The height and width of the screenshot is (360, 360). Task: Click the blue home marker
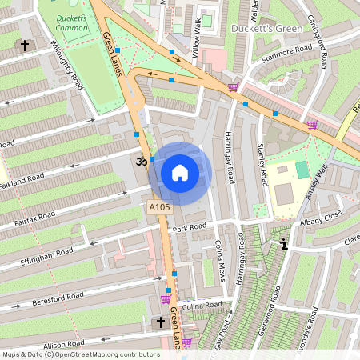coord(180,172)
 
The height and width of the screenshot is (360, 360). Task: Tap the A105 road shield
coord(160,208)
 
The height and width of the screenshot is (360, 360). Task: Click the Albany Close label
coord(321,216)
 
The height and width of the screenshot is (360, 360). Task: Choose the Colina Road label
coord(201,306)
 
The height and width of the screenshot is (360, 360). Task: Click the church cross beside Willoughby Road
coord(25,46)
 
